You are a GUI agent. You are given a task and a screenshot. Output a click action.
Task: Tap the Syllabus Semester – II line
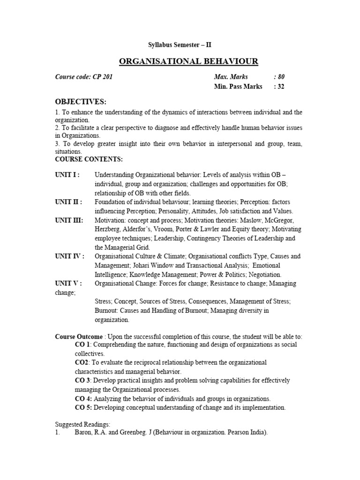180,45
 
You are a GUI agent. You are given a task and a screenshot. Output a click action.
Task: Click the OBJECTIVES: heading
81,102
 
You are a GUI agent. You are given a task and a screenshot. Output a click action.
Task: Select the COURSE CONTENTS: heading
89,159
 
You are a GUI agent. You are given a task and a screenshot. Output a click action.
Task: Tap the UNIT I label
67,175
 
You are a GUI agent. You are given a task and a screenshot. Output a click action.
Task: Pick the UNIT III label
69,220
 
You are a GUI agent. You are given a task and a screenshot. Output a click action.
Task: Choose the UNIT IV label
70,256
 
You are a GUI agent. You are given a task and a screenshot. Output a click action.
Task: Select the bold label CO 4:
83,399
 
